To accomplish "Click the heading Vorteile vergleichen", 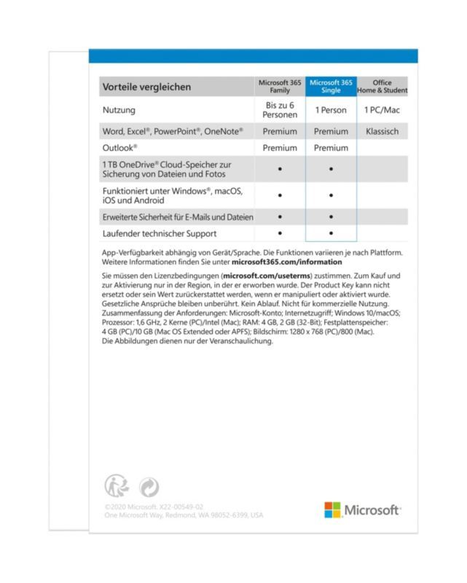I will pos(146,87).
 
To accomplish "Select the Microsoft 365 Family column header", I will pos(280,87).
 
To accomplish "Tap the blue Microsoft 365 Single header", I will pos(331,87).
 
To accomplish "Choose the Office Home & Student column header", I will pos(382,87).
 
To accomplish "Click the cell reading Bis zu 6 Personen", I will pos(280,110).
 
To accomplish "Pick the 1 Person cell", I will pos(331,110).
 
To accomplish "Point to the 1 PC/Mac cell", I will pos(382,110).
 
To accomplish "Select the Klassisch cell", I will pos(382,132).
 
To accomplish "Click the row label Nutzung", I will pos(119,110).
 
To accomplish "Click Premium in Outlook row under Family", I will pos(280,148).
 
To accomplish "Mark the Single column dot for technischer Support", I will pos(331,233).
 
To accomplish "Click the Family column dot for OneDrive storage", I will pos(280,169).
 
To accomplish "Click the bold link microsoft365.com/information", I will pos(286,262).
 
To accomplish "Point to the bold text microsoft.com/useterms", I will pos(268,277).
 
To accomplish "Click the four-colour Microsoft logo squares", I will pos(332,509).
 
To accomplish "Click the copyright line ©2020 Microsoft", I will pos(153,506).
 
